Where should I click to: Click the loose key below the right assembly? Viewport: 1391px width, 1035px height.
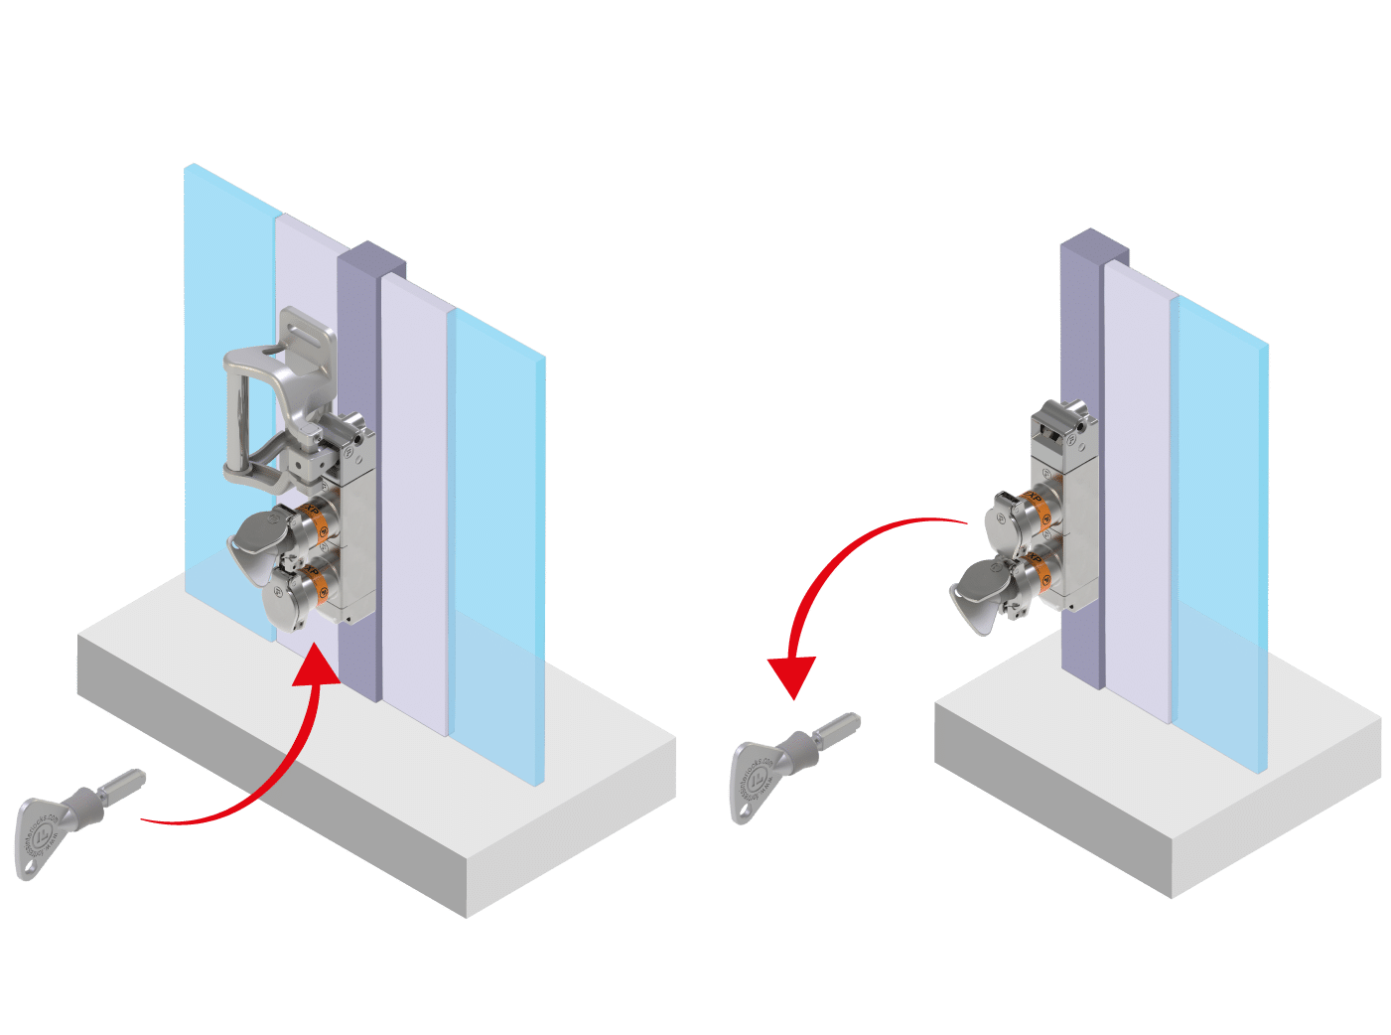coord(784,765)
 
